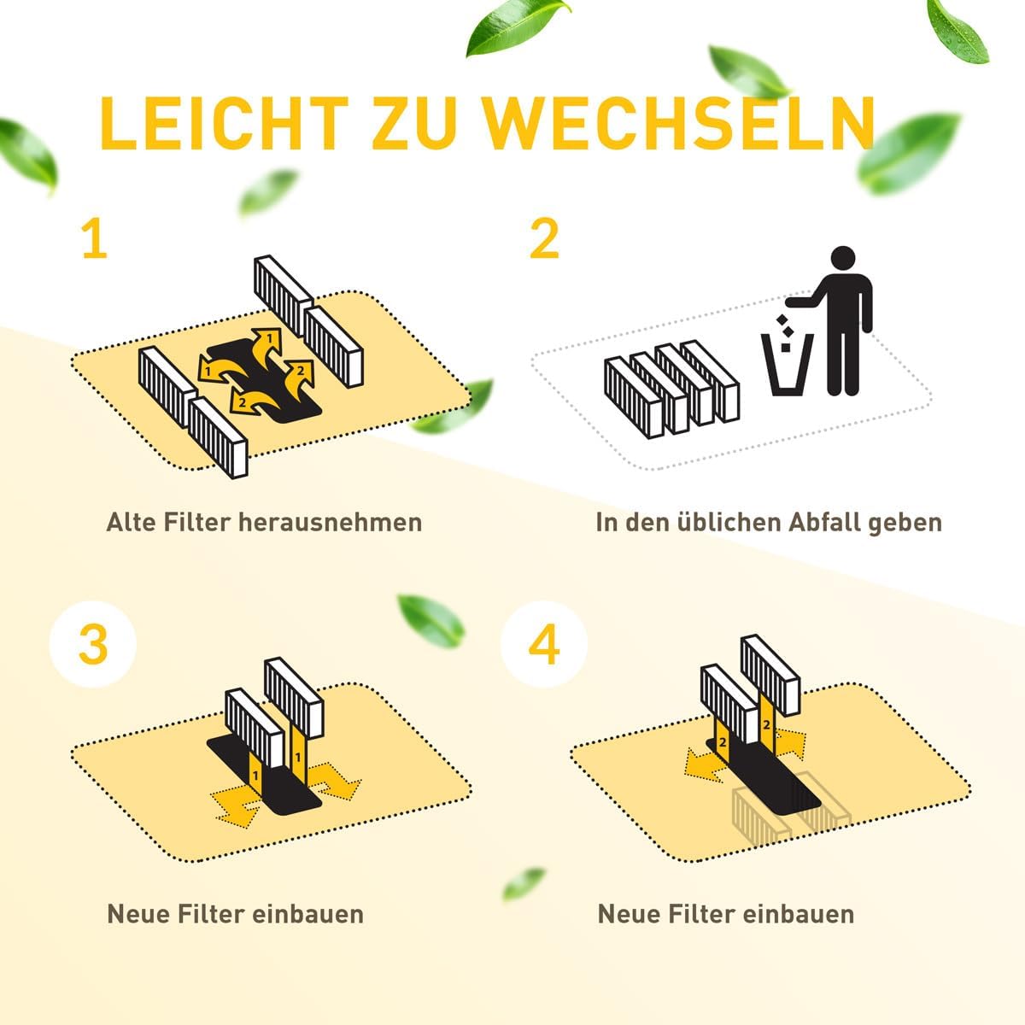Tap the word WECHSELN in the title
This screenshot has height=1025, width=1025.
click(679, 123)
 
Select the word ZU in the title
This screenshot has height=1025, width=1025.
click(415, 123)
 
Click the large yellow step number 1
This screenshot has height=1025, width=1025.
click(96, 239)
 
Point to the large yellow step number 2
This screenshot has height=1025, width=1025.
click(545, 239)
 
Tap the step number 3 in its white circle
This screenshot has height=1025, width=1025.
click(93, 644)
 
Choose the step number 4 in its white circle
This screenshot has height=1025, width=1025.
click(544, 644)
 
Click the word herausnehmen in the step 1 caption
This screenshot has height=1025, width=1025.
click(330, 523)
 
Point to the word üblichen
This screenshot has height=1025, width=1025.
click(729, 523)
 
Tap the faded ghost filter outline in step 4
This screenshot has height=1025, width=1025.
click(791, 817)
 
